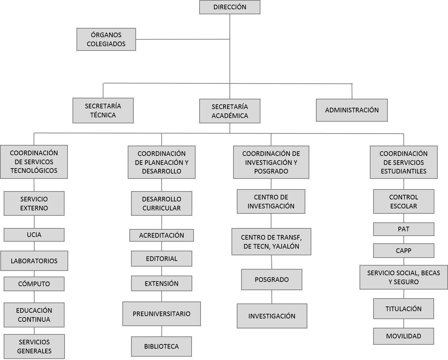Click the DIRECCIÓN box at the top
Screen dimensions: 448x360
click(x=229, y=7)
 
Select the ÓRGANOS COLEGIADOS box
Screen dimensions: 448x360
click(x=106, y=39)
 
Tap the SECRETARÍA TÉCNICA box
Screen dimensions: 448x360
click(x=103, y=110)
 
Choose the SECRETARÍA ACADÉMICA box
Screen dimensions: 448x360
click(x=229, y=111)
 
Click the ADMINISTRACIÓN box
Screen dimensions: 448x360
click(x=352, y=110)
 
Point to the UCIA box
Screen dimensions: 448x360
click(x=34, y=235)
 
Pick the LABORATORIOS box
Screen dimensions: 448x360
click(x=34, y=261)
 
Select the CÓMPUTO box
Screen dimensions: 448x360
click(x=34, y=284)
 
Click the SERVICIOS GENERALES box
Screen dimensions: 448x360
click(x=34, y=346)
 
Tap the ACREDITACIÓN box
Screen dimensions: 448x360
click(x=162, y=235)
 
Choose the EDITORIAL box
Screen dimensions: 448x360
click(x=162, y=259)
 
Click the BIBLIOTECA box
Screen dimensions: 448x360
click(x=161, y=346)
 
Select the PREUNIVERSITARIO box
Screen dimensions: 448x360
click(x=162, y=314)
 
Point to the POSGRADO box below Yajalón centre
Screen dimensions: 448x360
click(x=272, y=280)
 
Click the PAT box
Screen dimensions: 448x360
click(x=404, y=229)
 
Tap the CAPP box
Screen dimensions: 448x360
click(x=404, y=251)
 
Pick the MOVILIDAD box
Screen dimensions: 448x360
click(x=403, y=336)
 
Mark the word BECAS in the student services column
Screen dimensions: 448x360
click(x=430, y=273)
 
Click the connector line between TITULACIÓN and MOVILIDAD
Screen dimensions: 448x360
click(x=404, y=323)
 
